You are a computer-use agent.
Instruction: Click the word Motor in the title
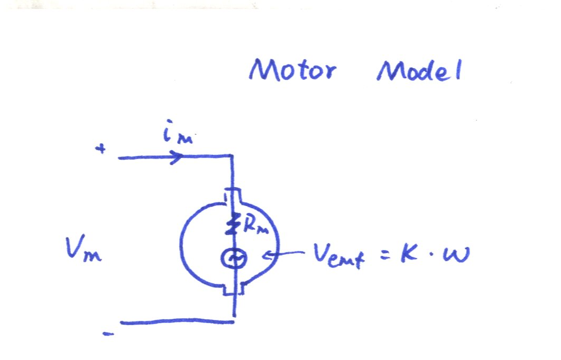click(293, 69)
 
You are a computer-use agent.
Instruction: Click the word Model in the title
click(419, 70)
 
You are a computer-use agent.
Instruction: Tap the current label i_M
click(178, 132)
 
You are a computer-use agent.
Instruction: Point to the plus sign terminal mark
click(100, 148)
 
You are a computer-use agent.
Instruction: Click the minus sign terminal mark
click(108, 334)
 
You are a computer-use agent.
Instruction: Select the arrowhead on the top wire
click(177, 156)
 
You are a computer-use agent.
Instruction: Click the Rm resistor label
click(255, 225)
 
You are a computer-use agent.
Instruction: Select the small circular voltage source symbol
click(233, 259)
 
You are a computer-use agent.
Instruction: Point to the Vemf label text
click(338, 255)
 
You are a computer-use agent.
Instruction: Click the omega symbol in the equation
click(456, 255)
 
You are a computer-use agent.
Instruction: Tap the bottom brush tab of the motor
click(234, 289)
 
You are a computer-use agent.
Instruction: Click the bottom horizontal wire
click(178, 322)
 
